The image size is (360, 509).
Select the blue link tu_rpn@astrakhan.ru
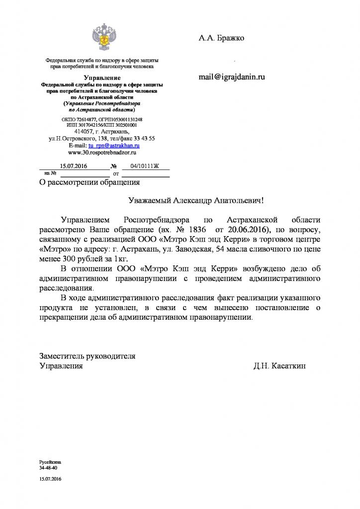pyautogui.click(x=113, y=146)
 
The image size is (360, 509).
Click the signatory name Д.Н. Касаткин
pyautogui.click(x=280, y=366)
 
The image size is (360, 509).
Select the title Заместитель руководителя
pyautogui.click(x=88, y=356)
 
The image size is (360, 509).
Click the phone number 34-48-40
pyautogui.click(x=48, y=468)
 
